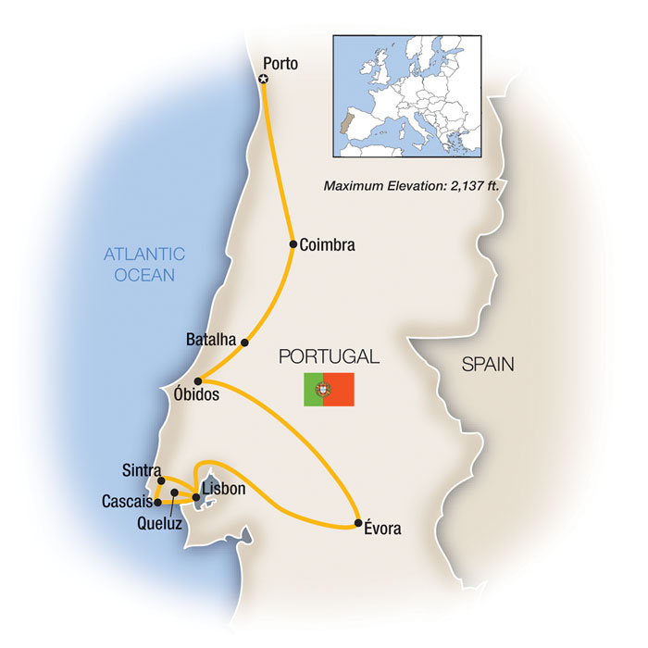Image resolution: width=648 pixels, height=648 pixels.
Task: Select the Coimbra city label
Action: (x=328, y=245)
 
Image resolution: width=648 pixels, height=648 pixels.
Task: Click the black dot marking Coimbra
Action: (x=293, y=244)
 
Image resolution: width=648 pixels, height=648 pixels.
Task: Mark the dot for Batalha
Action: (x=244, y=343)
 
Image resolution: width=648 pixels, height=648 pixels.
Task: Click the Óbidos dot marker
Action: (x=198, y=380)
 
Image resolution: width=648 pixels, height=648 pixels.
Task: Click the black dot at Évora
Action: (x=358, y=525)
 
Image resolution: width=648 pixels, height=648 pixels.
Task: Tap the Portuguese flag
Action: (x=329, y=390)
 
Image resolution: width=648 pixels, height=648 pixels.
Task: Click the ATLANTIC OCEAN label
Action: (x=144, y=265)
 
